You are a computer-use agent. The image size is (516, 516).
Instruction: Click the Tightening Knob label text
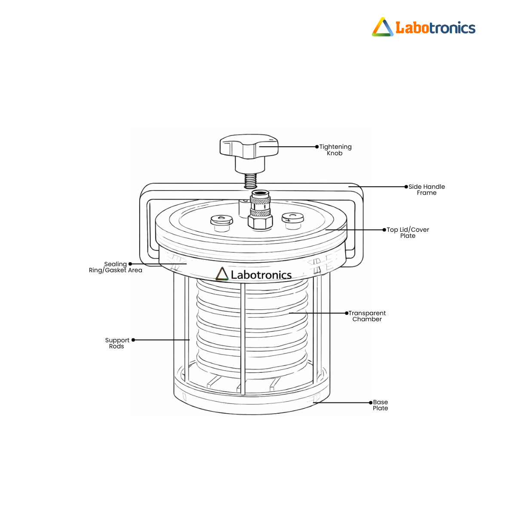(335, 150)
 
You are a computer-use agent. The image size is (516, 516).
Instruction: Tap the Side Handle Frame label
(427, 190)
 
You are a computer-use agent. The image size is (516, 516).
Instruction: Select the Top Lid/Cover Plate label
(408, 233)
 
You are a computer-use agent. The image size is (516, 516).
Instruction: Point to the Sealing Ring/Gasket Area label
(115, 267)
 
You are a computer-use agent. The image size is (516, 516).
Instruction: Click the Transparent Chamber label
(367, 316)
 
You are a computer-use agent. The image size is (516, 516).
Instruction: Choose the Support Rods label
(117, 343)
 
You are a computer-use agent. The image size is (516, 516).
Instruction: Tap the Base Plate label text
(380, 405)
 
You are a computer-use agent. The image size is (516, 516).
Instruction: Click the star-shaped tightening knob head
(249, 146)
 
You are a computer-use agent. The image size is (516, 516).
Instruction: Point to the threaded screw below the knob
(251, 181)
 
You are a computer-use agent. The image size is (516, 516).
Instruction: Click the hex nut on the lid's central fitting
(260, 222)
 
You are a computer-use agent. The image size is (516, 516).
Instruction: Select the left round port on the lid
(221, 223)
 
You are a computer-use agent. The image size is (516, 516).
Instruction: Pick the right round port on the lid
(293, 221)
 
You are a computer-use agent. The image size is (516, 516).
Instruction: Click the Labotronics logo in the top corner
(424, 27)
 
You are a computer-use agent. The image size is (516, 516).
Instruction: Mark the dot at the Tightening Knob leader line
(317, 147)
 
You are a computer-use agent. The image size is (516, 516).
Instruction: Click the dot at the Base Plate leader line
(371, 402)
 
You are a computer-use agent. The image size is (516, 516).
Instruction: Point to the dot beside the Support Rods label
(133, 340)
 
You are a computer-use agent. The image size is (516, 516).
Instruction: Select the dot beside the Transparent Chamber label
(347, 313)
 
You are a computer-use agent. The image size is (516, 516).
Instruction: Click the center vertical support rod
(243, 339)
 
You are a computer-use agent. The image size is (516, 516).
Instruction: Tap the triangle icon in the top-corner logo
(383, 27)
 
